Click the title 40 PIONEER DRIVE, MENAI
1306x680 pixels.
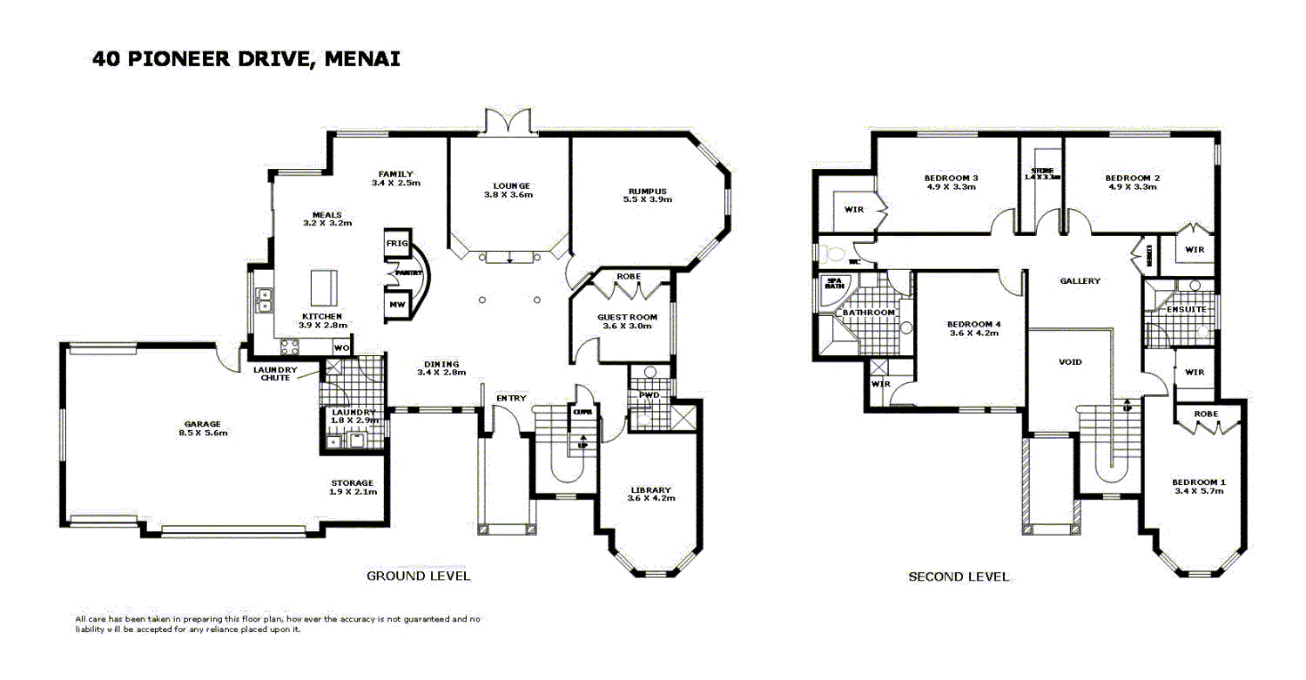(x=246, y=59)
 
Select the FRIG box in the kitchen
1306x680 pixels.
(x=396, y=245)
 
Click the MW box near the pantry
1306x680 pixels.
(x=396, y=305)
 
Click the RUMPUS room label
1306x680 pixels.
(x=648, y=191)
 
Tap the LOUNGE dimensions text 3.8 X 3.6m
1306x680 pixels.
(x=508, y=195)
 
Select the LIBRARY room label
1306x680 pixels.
(x=650, y=489)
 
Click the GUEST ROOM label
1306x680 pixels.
(x=627, y=317)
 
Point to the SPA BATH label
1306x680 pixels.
(x=834, y=283)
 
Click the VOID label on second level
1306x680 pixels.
(x=1070, y=361)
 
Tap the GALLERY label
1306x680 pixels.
(x=1080, y=280)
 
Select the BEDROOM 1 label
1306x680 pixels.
(x=1198, y=481)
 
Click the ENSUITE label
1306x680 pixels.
(x=1186, y=308)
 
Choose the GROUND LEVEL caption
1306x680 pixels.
(x=418, y=576)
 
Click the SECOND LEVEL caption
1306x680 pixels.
(x=958, y=576)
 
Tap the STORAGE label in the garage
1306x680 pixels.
(x=352, y=482)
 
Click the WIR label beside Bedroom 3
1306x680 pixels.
(x=854, y=209)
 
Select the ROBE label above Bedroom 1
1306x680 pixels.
(x=1206, y=414)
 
